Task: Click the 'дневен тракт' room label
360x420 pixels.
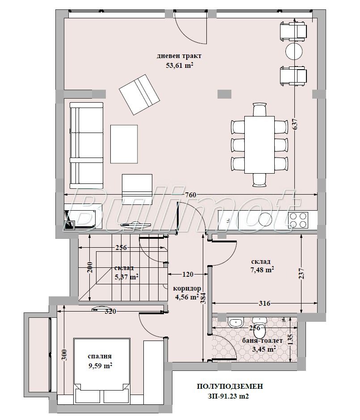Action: (x=179, y=56)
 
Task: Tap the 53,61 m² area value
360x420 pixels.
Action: (x=180, y=65)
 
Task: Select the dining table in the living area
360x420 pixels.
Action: (x=260, y=145)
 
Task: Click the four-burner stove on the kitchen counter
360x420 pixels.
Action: (x=298, y=220)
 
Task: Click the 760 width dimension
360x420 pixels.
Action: (x=191, y=195)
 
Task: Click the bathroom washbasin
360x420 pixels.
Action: (x=236, y=322)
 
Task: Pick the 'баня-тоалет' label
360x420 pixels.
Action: (x=263, y=341)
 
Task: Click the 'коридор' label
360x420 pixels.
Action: (x=187, y=288)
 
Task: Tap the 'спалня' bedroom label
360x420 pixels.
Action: (x=100, y=357)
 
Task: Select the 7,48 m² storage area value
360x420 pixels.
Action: (x=262, y=270)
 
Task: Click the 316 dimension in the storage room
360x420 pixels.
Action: (x=264, y=304)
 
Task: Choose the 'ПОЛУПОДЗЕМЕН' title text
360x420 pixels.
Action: (x=230, y=386)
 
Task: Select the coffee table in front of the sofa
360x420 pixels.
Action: (x=124, y=144)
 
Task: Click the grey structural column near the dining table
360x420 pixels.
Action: (x=224, y=94)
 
